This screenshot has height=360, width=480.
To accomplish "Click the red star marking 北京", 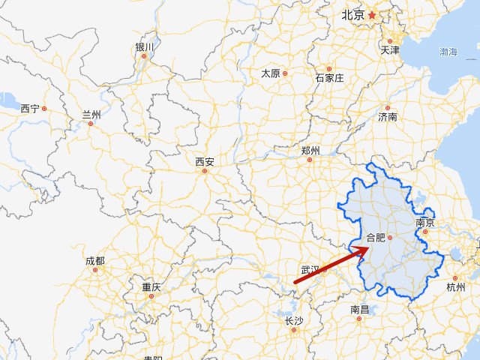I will tap(372, 14).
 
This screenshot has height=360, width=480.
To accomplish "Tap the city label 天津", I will tap(390, 51).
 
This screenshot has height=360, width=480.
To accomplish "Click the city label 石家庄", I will tap(329, 77).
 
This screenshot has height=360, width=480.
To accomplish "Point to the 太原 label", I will tap(270, 73).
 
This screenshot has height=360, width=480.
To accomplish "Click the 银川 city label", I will tap(145, 46).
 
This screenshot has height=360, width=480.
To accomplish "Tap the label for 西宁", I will tap(30, 109).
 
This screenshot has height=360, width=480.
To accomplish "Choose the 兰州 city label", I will tap(91, 115).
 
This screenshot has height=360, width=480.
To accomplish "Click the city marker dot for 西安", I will tap(204, 171).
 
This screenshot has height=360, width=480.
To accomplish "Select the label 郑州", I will tap(310, 151).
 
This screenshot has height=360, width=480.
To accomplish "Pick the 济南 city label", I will tap(388, 117).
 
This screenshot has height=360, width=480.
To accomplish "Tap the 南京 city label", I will tap(425, 223).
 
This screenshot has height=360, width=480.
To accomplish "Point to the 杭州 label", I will tap(455, 287).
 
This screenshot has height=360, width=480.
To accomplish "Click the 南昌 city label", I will tap(359, 309).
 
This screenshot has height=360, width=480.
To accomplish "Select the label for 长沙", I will tap(293, 321).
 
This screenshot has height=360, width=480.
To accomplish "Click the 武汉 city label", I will tap(310, 269).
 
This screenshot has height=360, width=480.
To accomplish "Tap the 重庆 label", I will tap(151, 287).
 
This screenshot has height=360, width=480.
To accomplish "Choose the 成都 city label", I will tap(95, 261).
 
